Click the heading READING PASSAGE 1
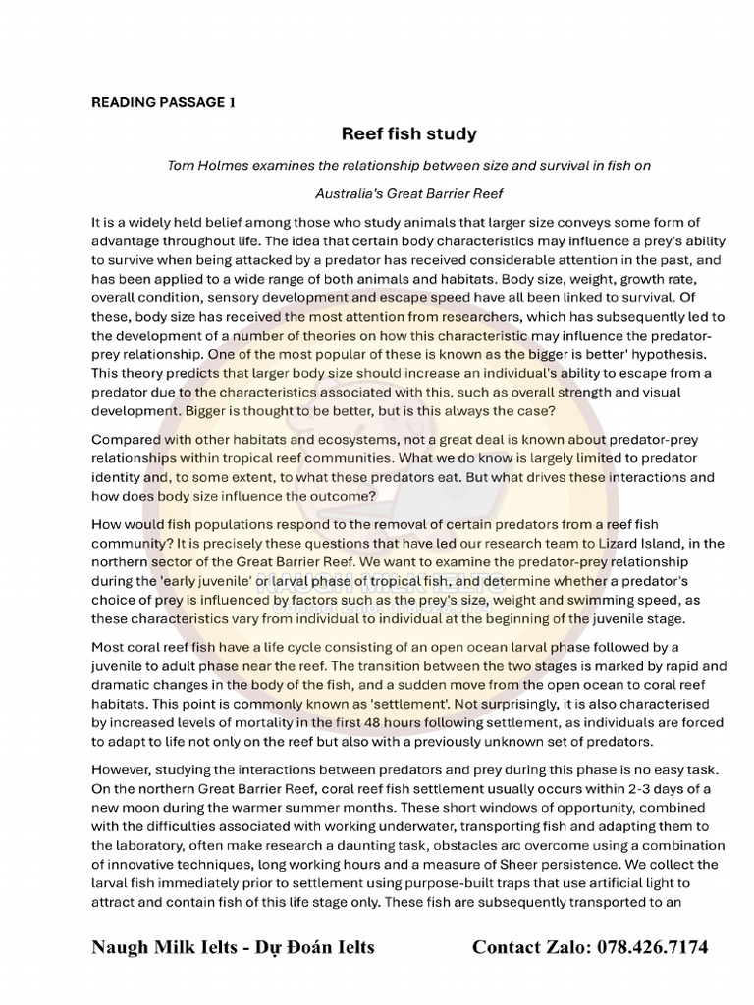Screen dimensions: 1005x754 (x=163, y=102)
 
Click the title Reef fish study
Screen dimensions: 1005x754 (x=408, y=132)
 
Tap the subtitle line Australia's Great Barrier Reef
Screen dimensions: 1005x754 (x=409, y=194)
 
